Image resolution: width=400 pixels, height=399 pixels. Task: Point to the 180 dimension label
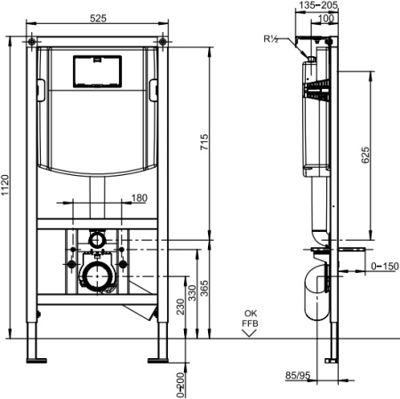coord(139,198)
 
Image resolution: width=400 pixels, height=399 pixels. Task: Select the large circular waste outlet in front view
coord(96,276)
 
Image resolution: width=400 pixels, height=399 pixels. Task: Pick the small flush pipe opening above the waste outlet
coord(96,240)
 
